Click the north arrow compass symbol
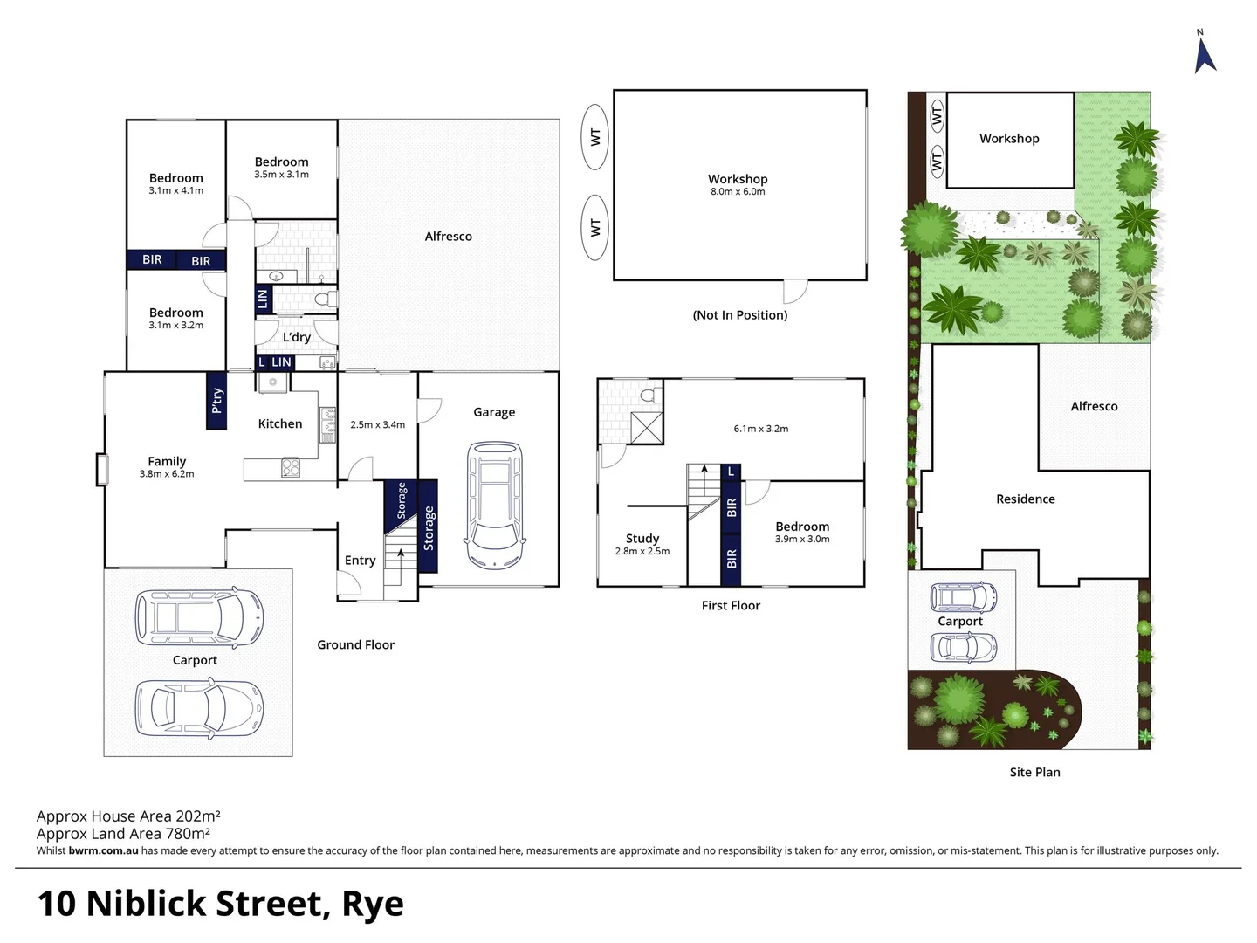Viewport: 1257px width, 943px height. click(1205, 52)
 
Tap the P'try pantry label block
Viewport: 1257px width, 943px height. click(216, 401)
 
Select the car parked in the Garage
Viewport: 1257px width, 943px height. click(495, 505)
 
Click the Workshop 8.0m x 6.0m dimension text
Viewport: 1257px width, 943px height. click(738, 192)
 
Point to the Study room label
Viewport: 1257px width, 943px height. click(642, 539)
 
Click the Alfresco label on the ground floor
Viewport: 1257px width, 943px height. click(448, 237)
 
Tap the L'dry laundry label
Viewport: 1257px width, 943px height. click(297, 337)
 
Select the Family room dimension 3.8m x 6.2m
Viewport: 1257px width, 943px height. click(167, 474)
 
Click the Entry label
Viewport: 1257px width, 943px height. click(360, 561)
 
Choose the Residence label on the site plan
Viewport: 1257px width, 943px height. click(1026, 499)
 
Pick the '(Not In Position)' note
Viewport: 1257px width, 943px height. click(740, 315)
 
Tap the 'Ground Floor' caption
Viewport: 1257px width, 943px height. click(355, 645)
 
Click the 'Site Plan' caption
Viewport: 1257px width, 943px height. click(1034, 773)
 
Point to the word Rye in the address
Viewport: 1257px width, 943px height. click(373, 905)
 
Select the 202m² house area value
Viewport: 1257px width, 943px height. click(197, 816)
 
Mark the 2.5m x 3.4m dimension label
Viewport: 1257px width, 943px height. click(377, 425)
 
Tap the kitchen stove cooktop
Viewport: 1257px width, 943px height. click(291, 468)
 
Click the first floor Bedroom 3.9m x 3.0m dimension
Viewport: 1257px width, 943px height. click(802, 540)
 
